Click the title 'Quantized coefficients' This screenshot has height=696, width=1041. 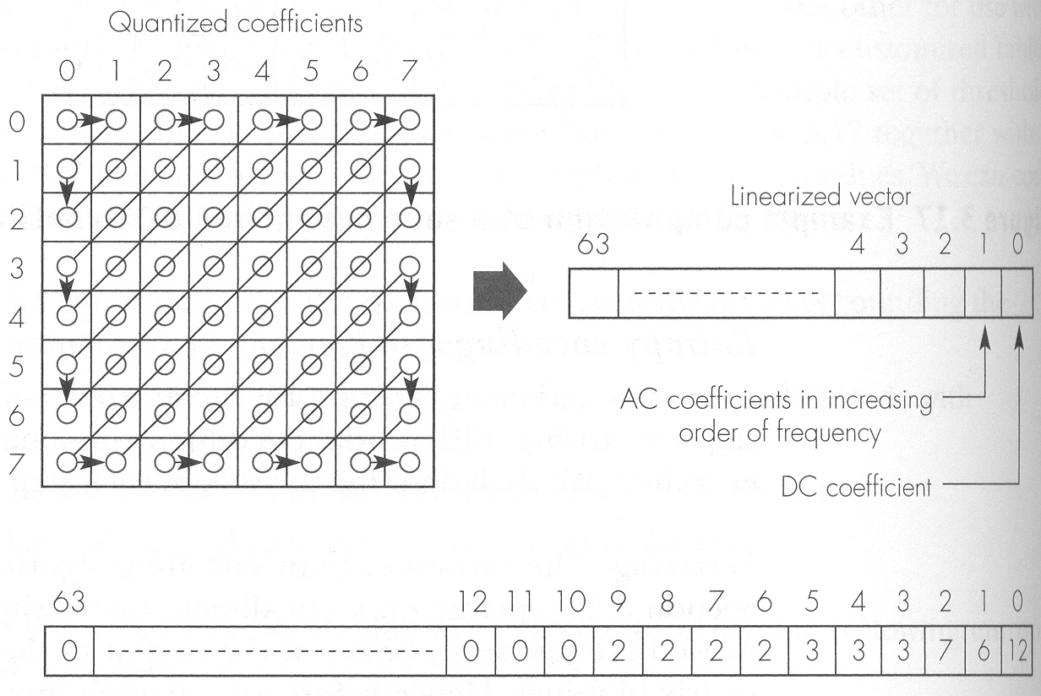pos(236,24)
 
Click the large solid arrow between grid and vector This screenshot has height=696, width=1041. pos(500,291)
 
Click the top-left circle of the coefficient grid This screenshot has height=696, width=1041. pos(66,120)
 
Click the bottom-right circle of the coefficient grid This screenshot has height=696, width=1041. pos(410,462)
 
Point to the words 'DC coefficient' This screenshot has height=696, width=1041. pos(856,487)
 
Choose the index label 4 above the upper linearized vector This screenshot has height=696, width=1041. pos(857,246)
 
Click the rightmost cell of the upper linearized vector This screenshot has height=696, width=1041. pos(1017,292)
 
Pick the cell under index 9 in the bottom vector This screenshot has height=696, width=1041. pos(619,653)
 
